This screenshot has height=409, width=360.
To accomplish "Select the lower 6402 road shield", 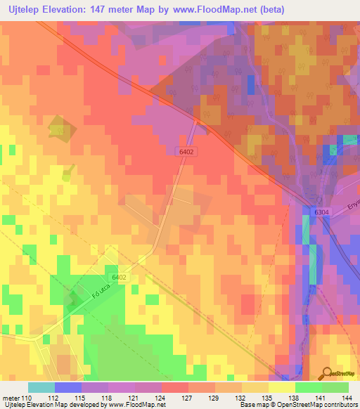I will coord(119,278).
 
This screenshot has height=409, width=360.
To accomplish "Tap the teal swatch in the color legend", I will coord(41,387).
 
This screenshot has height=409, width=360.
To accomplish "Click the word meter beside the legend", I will coord(10,398).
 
